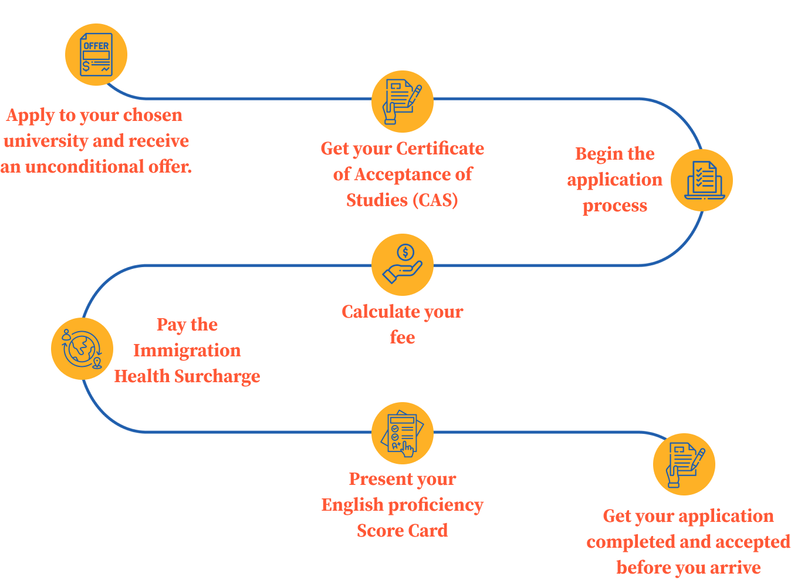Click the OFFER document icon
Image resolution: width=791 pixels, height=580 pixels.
coord(96,55)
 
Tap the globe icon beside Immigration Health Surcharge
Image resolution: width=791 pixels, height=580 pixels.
coord(82,349)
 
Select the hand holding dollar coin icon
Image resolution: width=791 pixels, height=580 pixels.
coord(403,265)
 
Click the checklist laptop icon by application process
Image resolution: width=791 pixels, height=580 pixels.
coord(702,180)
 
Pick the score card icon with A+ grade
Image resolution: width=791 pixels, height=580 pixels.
coord(403,433)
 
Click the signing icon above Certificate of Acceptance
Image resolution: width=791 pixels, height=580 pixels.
coord(403,102)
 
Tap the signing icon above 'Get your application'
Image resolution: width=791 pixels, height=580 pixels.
coord(684,464)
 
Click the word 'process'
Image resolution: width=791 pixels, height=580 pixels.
coord(615,206)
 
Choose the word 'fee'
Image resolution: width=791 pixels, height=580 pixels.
coord(403,338)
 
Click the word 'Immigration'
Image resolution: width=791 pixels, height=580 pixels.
coord(187,350)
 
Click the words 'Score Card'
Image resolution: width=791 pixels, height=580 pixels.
coord(403,531)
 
